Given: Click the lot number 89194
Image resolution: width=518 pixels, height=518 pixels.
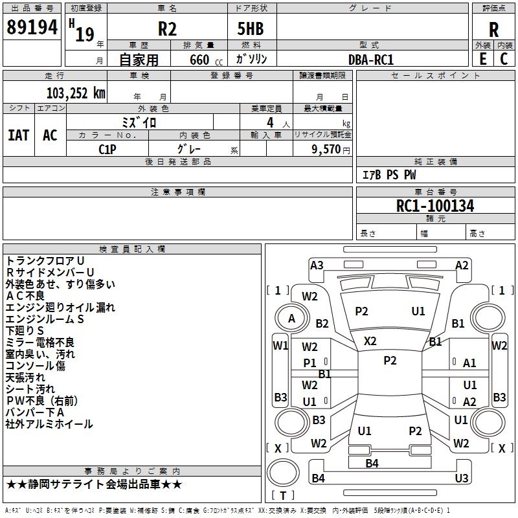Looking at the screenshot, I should [32, 28].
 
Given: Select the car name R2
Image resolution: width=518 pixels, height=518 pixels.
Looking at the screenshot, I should [167, 28].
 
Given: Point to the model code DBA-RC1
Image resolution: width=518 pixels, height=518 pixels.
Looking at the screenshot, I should [371, 59].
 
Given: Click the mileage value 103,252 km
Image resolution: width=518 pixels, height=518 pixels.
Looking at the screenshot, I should [76, 93].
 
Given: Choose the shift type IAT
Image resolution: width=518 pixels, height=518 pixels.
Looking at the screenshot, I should [18, 135].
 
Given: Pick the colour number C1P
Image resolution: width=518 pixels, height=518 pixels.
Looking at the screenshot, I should [107, 148].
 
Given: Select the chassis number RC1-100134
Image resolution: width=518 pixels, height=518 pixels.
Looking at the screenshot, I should [435, 206].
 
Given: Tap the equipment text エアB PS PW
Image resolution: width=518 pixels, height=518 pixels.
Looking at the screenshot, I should [388, 175].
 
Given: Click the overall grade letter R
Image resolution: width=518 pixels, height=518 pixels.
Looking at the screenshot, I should [493, 29].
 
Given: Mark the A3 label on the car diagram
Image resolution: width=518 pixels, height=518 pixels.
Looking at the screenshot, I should [317, 265].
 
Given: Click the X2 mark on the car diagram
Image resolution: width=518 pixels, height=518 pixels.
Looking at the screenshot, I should [370, 341].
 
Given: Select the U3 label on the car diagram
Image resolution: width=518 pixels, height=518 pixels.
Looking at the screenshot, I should [461, 478].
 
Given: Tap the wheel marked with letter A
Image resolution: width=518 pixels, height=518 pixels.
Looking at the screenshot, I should [291, 319].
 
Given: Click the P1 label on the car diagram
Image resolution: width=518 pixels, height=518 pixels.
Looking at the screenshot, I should [310, 363].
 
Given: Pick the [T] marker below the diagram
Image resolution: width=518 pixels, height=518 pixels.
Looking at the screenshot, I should [283, 495].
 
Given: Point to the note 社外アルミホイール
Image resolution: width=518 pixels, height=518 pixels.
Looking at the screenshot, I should [49, 424].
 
